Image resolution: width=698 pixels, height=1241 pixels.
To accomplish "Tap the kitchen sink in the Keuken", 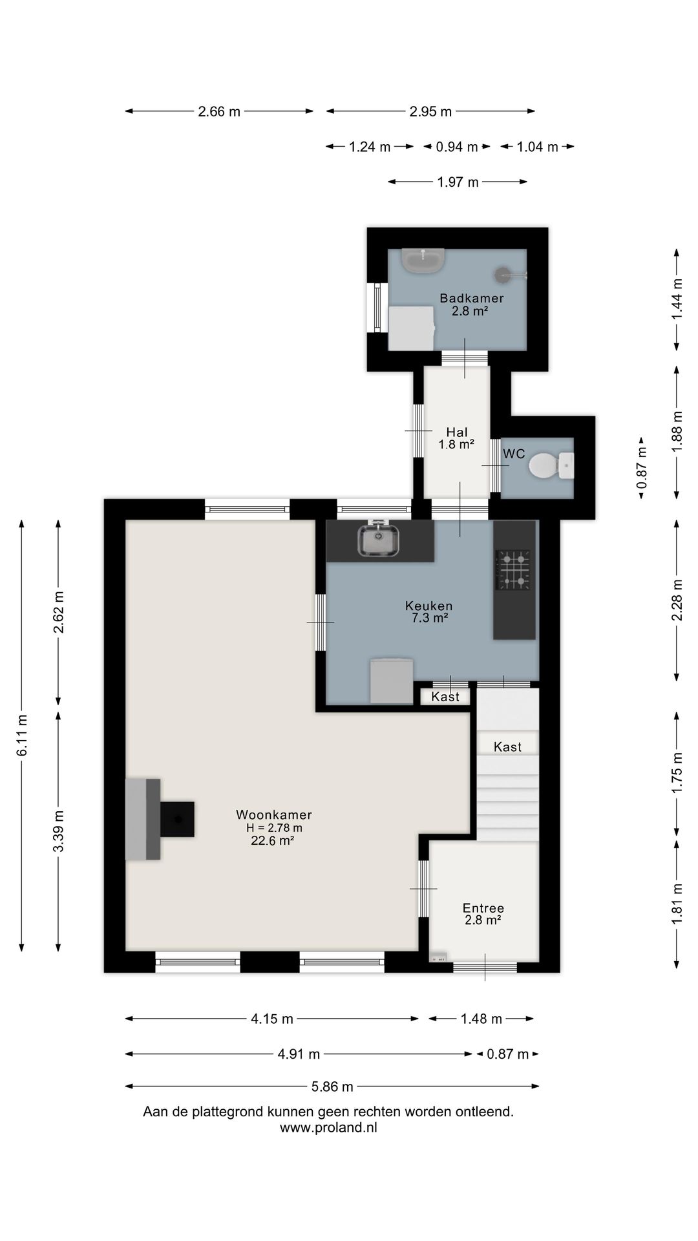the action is point(379,540).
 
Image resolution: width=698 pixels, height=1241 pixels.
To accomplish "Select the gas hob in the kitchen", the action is point(513,570).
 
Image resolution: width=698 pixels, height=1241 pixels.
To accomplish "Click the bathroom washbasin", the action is point(423,260).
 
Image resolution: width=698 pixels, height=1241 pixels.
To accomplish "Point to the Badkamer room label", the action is point(472,298).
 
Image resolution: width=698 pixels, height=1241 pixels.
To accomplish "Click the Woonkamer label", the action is point(274,814).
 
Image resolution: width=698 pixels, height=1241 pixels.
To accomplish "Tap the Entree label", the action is point(483,907).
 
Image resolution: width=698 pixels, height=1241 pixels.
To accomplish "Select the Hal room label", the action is point(457,432).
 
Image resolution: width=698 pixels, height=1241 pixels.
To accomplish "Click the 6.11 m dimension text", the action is point(22,735).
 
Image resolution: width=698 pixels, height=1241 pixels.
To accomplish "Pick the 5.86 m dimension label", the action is point(332,1087).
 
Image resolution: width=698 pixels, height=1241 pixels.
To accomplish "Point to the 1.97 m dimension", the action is point(458,182).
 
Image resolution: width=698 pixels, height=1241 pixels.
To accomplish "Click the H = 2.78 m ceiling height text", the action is point(274,828).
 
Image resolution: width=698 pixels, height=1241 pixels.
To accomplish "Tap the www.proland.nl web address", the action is point(328,1128).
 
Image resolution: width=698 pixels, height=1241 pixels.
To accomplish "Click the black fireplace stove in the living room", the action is point(177,819).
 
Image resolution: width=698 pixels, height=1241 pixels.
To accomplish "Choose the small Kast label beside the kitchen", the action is point(445,696).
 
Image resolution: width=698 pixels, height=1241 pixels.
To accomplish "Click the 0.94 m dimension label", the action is point(457,147).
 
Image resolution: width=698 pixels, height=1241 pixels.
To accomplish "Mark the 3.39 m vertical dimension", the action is point(59,831).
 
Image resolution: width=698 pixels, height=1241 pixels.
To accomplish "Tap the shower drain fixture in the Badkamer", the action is point(503,275).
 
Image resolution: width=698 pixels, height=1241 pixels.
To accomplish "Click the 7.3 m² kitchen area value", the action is point(430,618).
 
